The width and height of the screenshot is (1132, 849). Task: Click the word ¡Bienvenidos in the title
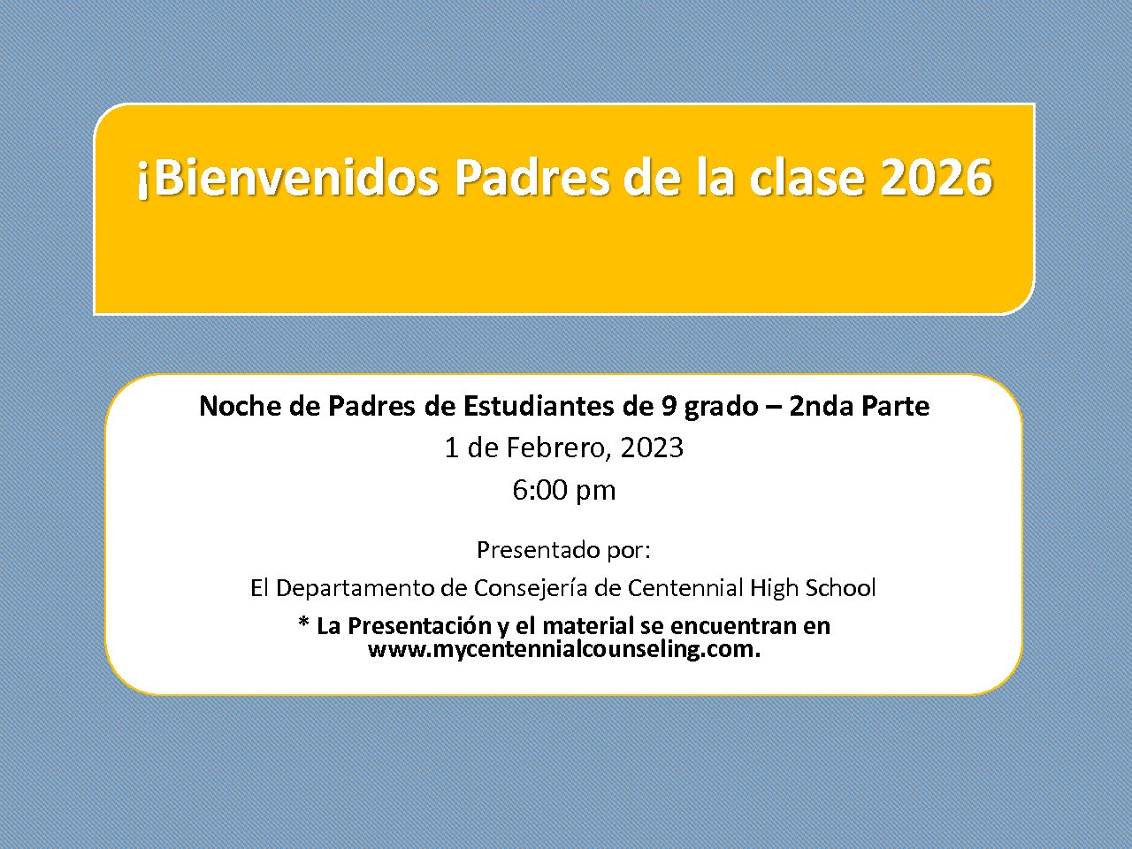287,179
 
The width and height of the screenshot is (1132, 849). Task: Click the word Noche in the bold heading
240,406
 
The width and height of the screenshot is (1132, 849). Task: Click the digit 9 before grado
668,407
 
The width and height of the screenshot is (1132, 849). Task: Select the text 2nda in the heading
820,406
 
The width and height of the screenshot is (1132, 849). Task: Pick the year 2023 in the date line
652,447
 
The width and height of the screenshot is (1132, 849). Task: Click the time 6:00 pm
563,490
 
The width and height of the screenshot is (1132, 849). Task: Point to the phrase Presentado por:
563,551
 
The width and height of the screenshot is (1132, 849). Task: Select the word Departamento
356,588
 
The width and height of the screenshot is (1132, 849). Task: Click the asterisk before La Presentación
303,623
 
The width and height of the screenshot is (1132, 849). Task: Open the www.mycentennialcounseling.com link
564,649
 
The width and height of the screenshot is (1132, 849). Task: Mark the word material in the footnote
588,626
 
